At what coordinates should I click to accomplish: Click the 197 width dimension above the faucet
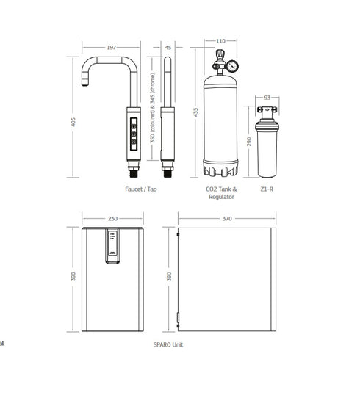pos(112,47)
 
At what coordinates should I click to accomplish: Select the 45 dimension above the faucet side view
pos(168,47)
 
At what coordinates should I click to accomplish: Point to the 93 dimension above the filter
pos(267,98)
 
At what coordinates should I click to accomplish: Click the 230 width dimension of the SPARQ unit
pos(112,218)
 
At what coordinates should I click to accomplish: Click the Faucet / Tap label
pos(141,189)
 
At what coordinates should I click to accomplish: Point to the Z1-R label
pos(268,189)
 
